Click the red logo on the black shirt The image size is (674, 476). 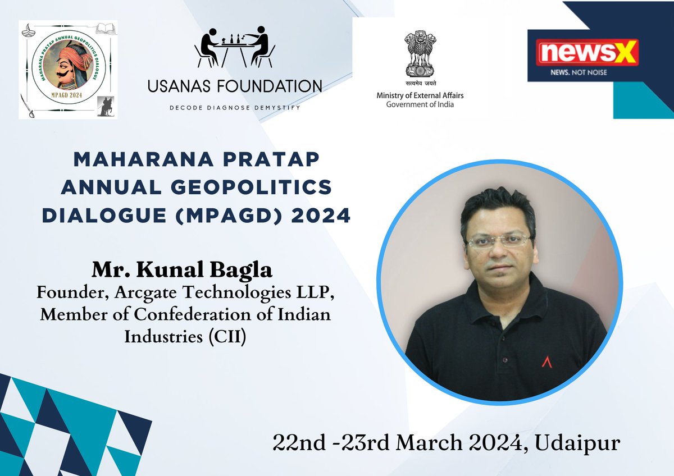pos(546,362)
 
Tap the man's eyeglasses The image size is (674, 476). pos(498,241)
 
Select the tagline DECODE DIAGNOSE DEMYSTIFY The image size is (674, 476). pos(235,107)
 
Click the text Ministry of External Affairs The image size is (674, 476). pos(420,96)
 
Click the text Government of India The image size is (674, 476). pos(420,104)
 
